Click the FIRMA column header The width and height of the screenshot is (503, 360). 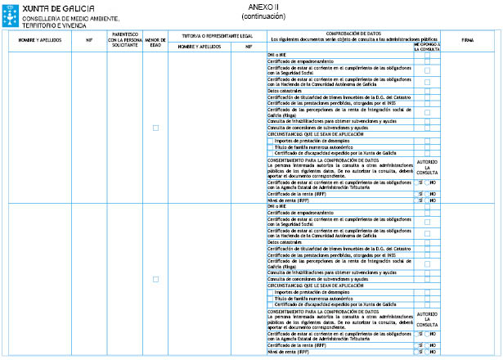468,39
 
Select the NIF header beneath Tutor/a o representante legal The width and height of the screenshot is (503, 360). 248,47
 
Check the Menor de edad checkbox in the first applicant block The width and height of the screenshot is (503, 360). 155,128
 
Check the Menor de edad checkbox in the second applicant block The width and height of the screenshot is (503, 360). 155,279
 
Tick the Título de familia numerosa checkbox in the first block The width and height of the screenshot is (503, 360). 271,146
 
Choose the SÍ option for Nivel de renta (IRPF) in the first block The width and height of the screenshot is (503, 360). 420,200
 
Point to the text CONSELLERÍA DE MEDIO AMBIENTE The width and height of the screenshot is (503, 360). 70,18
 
